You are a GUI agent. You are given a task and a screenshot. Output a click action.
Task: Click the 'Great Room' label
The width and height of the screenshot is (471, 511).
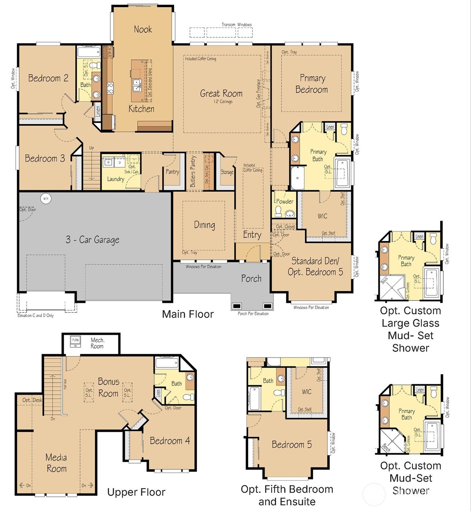pos(221,94)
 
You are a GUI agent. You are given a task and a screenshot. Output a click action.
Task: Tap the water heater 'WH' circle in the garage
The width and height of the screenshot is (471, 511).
pos(46,198)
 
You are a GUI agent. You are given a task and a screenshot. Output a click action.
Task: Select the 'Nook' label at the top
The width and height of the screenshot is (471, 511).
pos(143,29)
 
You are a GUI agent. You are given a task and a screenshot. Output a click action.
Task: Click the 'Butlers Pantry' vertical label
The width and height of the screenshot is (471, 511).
pos(193,171)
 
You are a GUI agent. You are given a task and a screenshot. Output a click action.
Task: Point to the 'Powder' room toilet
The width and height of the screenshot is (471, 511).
pos(278,211)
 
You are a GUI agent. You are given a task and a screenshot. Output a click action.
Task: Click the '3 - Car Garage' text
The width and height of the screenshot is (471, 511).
pos(92,240)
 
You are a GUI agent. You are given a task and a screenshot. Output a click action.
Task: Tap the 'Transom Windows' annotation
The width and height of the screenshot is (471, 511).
pos(237,25)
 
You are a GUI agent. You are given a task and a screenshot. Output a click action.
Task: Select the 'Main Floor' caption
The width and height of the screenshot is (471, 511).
pos(188,314)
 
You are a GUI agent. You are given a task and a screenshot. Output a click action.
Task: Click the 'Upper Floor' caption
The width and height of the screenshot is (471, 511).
pos(136,492)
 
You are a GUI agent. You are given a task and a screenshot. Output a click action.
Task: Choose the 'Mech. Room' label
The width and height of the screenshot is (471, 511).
pos(97,343)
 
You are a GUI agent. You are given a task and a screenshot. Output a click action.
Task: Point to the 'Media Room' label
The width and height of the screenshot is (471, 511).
pos(56,463)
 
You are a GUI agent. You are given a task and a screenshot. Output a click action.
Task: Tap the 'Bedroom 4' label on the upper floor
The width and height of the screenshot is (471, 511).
pos(170,441)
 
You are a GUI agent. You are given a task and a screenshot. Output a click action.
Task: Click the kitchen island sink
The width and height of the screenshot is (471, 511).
pos(137,85)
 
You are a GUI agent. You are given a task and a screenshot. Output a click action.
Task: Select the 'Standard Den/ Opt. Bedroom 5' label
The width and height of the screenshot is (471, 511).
pos(315,267)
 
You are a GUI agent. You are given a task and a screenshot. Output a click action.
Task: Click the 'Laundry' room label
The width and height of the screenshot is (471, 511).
pos(116,179)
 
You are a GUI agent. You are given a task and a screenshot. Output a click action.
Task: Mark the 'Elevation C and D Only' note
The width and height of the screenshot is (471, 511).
pos(35,315)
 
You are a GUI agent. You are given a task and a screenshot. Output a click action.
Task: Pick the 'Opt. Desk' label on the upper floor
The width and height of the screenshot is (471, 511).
pos(32,400)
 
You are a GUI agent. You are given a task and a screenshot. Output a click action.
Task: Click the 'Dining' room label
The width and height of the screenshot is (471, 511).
pos(204,225)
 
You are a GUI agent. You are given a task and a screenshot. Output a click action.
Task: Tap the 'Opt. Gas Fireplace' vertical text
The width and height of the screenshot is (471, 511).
pos(258,94)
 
